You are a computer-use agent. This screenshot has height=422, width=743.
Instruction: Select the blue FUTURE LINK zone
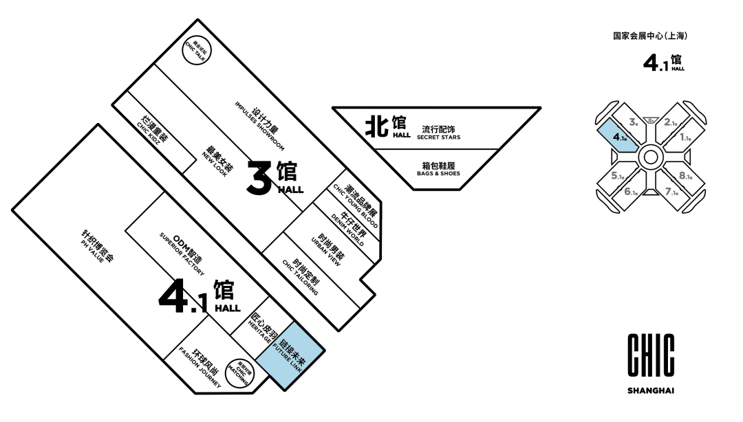tap(291, 356)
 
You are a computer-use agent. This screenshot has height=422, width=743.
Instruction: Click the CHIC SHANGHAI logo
tap(650, 364)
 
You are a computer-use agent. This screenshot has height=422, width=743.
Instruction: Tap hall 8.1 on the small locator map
tap(685, 176)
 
